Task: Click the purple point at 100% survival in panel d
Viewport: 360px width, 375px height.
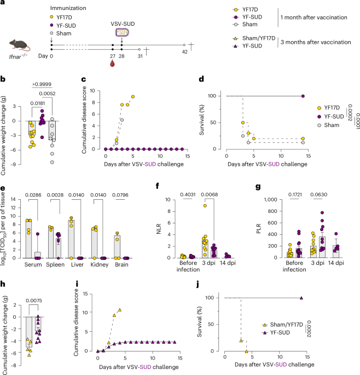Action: (302, 96)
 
